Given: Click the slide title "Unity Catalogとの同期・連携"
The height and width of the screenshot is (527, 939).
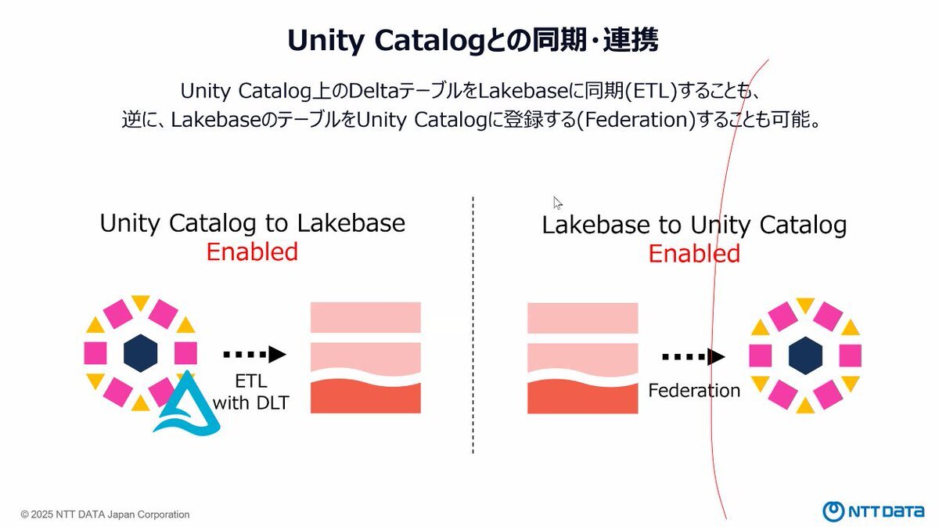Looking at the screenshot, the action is [473, 41].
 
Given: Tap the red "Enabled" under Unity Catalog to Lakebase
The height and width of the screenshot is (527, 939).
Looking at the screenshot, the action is [252, 251].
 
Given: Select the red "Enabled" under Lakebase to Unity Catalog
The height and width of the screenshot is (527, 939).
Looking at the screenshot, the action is [694, 254].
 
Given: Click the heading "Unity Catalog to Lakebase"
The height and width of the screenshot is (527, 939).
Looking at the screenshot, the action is [252, 223].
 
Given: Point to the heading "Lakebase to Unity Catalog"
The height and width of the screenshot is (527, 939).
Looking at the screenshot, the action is [694, 225].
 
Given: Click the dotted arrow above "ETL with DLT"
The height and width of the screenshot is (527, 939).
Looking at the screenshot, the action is [254, 355].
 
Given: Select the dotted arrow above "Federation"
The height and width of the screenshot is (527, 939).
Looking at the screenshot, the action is [693, 357].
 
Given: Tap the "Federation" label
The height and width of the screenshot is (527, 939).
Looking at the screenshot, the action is [694, 391].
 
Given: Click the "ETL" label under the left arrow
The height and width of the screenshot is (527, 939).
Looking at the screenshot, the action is [251, 381].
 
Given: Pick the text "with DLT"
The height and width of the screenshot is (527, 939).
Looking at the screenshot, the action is [250, 402].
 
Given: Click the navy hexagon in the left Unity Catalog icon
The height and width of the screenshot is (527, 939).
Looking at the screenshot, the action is [140, 353].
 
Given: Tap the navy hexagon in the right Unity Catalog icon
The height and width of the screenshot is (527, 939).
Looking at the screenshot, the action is [805, 356].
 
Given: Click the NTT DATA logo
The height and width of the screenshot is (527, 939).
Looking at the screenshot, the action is [873, 511].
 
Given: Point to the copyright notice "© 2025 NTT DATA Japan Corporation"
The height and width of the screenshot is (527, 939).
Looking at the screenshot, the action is [105, 514].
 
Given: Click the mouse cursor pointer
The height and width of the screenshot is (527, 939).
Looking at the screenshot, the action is [557, 203].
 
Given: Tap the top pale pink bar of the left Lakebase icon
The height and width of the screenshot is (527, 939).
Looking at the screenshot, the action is [365, 317].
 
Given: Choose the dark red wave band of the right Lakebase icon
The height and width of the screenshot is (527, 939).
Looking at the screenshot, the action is [583, 398].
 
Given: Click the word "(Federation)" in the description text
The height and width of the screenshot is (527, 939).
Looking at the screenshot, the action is [636, 120].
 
